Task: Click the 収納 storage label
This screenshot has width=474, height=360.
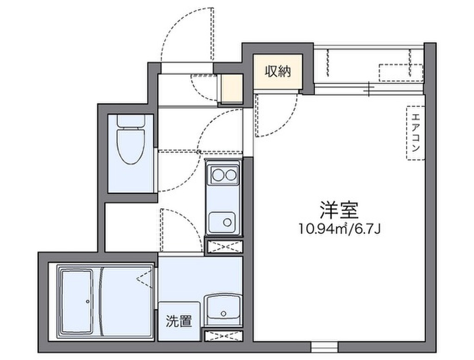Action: (278, 71)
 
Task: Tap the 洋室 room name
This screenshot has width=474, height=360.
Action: (339, 209)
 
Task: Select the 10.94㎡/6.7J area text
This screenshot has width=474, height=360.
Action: (339, 229)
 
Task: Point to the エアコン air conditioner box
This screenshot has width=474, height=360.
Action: (416, 133)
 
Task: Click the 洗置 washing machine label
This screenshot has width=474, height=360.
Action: (179, 321)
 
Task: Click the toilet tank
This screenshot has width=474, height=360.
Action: (131, 121)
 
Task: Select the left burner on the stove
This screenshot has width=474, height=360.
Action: (218, 175)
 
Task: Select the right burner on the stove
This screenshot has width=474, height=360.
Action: (231, 175)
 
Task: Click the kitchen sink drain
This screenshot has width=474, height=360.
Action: (227, 222)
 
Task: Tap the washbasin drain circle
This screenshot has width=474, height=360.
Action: (224, 313)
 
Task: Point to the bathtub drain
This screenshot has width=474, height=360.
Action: (87, 302)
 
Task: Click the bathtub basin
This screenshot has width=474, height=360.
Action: (77, 302)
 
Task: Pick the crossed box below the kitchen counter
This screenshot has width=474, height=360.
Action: (224, 246)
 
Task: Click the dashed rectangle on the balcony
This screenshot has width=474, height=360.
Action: (401, 72)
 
